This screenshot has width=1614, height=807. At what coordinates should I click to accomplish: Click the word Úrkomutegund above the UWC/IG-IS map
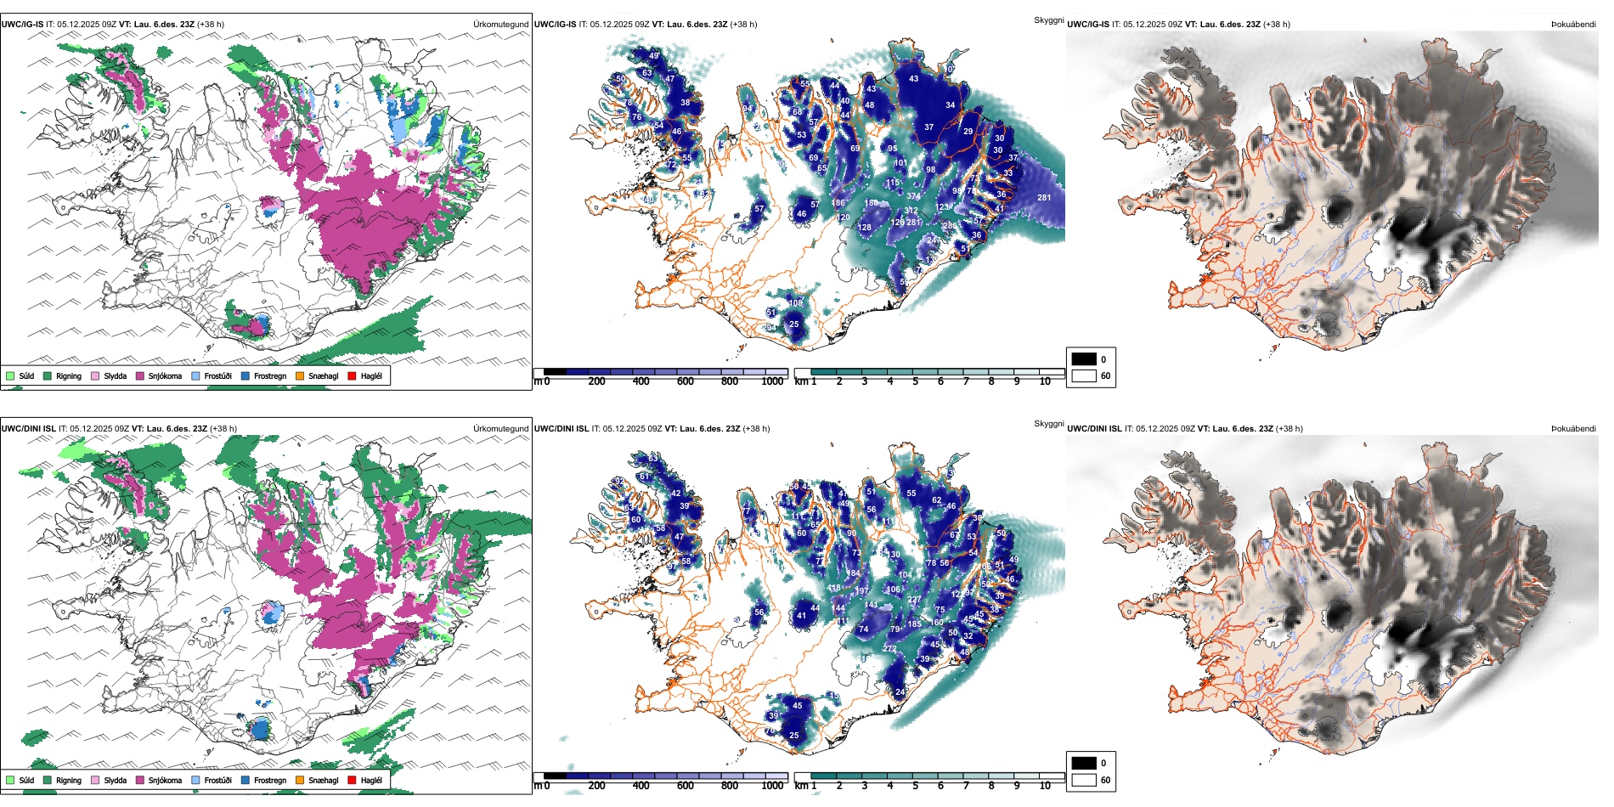[500, 25]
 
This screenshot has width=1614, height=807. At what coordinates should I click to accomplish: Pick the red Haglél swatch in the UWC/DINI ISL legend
[352, 780]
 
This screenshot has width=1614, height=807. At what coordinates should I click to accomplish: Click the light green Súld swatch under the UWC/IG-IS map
[10, 376]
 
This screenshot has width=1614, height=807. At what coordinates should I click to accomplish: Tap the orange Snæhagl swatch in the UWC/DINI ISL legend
[300, 780]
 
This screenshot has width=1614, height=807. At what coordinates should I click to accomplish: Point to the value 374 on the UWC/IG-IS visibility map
[913, 196]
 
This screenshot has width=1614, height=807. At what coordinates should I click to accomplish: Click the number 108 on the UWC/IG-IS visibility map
[795, 303]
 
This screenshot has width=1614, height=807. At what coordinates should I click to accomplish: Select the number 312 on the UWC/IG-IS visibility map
[911, 211]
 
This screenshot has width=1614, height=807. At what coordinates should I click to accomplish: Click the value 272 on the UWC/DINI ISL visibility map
[889, 649]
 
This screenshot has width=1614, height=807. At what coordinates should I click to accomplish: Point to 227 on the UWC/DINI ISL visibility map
[914, 600]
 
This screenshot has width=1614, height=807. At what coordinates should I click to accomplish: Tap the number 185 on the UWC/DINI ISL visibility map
[914, 624]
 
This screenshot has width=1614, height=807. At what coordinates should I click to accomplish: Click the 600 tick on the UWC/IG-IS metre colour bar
[685, 382]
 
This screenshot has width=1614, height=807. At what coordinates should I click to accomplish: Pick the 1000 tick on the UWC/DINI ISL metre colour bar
[772, 786]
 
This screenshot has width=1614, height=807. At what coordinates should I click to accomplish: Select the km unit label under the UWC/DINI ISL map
[800, 786]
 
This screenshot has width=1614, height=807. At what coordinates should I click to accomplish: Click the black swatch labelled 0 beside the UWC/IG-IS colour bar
[1084, 359]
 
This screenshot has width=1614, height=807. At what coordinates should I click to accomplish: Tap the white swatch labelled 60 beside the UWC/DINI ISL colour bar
[1084, 780]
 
